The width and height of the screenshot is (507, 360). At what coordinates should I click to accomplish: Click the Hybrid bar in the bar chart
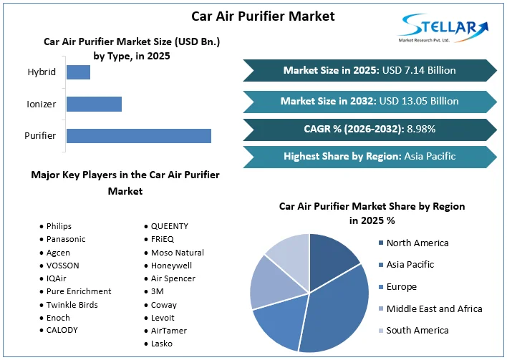click(78, 72)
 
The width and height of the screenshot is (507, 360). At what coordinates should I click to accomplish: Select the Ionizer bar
click(94, 104)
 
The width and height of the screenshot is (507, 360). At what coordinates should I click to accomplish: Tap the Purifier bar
click(138, 135)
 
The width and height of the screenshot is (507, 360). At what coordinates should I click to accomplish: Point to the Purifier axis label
click(40, 135)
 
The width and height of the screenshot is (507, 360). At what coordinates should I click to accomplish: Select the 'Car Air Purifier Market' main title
click(253, 16)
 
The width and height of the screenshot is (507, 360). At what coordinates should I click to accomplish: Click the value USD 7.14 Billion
click(418, 70)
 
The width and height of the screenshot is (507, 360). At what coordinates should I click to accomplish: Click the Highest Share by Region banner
click(370, 156)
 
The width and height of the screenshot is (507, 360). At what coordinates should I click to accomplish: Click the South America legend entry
click(417, 330)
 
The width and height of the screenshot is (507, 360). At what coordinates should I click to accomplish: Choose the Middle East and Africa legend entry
click(434, 308)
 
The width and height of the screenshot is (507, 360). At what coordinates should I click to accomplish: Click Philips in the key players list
click(59, 226)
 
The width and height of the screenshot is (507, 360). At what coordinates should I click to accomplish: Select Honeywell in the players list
click(172, 265)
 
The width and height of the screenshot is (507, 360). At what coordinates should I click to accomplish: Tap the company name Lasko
click(162, 344)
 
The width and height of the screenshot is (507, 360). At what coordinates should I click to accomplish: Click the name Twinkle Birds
click(72, 304)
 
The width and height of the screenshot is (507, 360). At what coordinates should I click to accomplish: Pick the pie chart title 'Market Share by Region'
click(372, 213)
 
